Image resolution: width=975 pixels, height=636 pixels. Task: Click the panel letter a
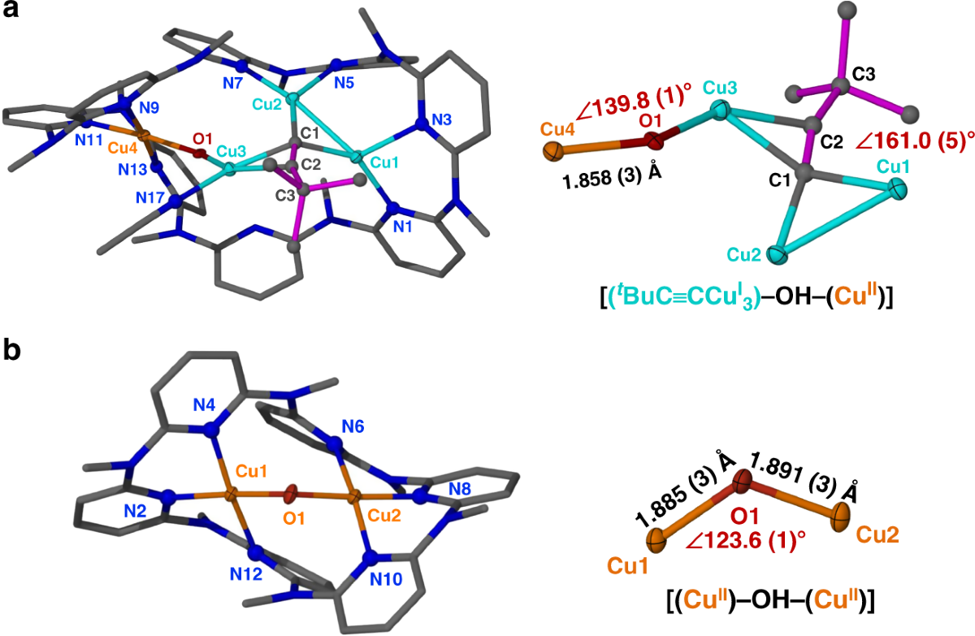click(x=11, y=11)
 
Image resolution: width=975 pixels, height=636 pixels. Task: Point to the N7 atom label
click(x=232, y=82)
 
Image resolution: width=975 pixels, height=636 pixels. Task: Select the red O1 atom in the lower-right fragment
click(x=742, y=484)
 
